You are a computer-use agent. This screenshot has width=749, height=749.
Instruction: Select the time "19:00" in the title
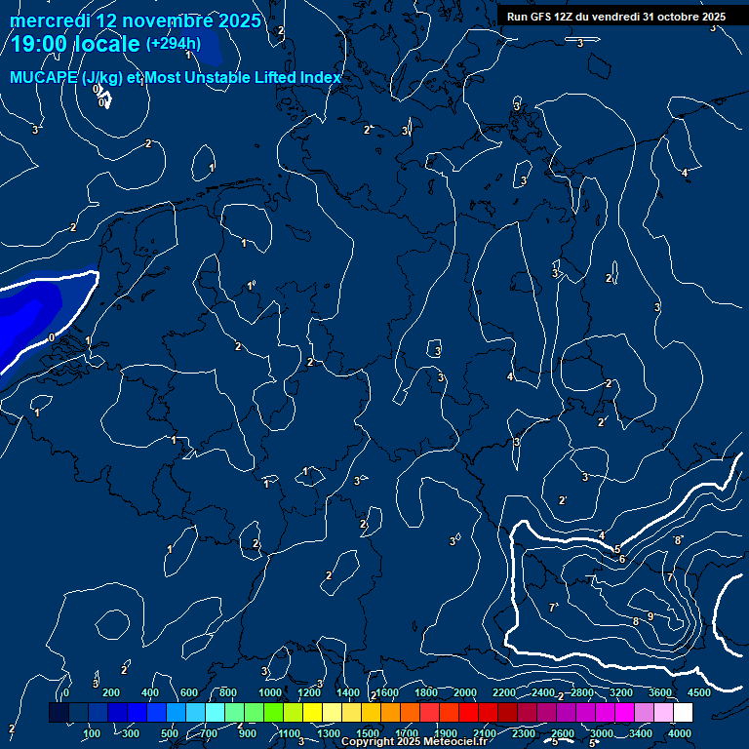tap(42, 45)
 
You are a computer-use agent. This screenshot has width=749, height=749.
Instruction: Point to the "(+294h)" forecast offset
tap(174, 44)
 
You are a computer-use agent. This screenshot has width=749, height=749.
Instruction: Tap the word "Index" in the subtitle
tap(322, 77)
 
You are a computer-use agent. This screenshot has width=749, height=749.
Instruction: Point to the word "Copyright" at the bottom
tap(370, 742)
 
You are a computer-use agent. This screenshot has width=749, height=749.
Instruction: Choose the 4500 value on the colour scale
tap(699, 692)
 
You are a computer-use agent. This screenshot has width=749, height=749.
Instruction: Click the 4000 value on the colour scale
tap(680, 733)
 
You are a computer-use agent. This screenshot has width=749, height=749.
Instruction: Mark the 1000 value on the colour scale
tap(270, 692)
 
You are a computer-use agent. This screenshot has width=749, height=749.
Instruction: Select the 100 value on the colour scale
tap(93, 733)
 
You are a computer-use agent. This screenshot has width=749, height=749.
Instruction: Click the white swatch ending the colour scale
tap(690, 713)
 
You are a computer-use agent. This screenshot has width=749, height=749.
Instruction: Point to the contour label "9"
tap(650, 616)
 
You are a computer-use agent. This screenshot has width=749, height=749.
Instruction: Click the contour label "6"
tap(622, 559)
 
